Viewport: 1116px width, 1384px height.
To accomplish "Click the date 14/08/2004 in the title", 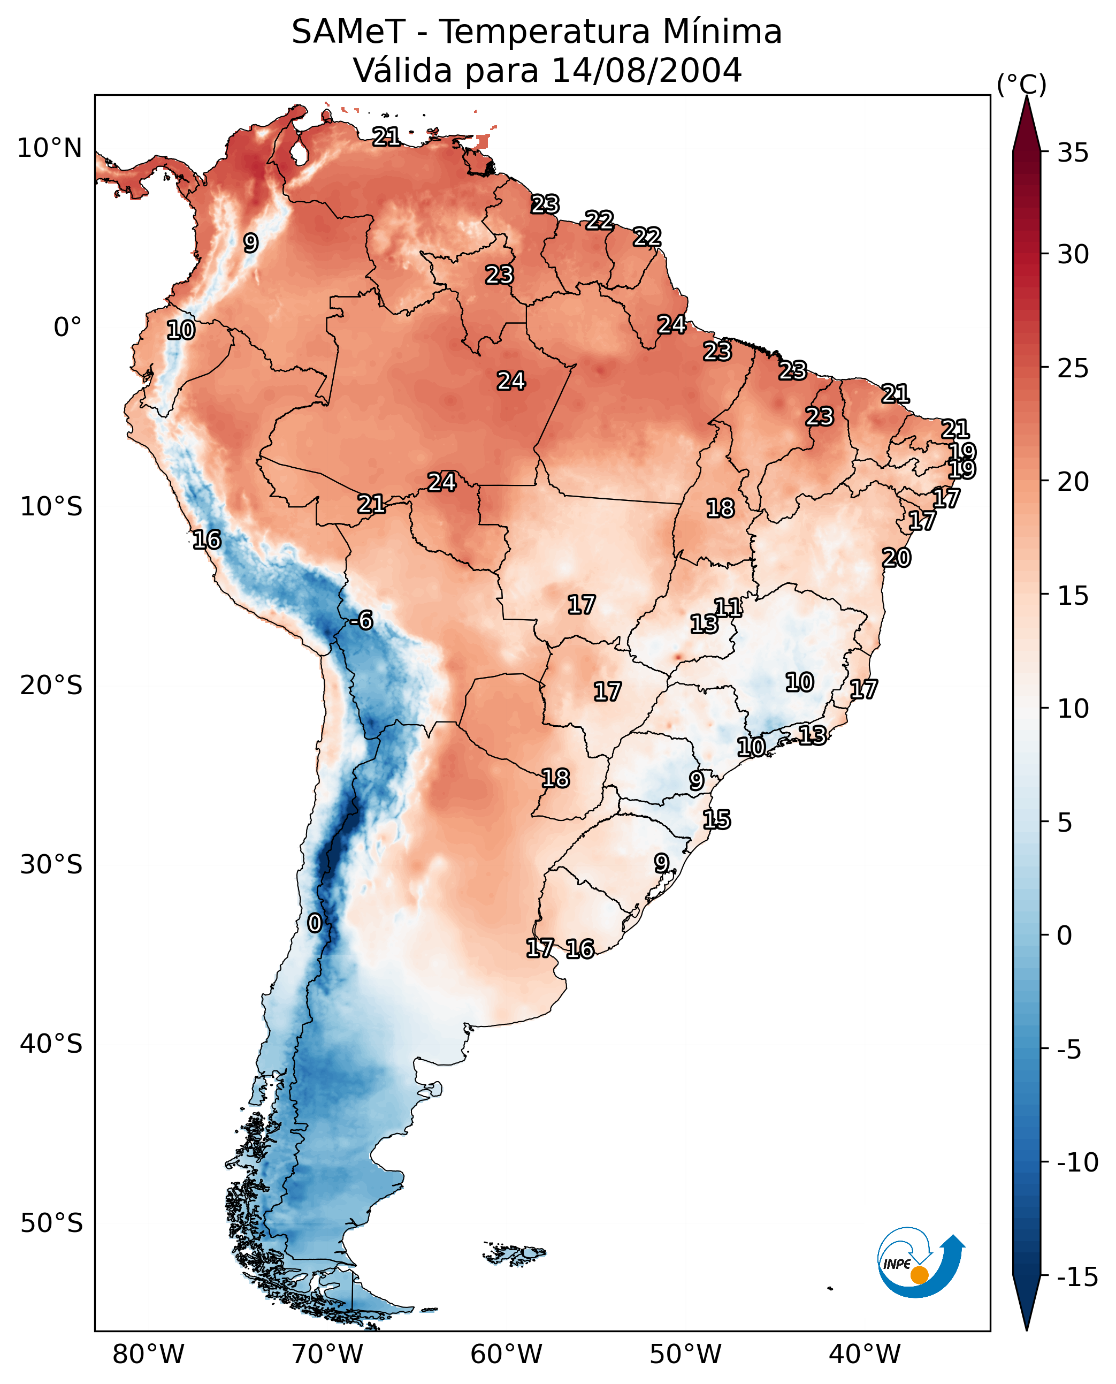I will point(647,70).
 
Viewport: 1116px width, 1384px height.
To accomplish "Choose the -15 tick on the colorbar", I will point(1077,1276).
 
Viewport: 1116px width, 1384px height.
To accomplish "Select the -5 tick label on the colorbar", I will point(1073,1050).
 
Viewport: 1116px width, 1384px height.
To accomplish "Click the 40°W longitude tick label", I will point(865,1354).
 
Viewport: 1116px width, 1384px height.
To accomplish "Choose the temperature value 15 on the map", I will point(716,819).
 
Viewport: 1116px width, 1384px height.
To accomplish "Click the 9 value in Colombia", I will point(251,242).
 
